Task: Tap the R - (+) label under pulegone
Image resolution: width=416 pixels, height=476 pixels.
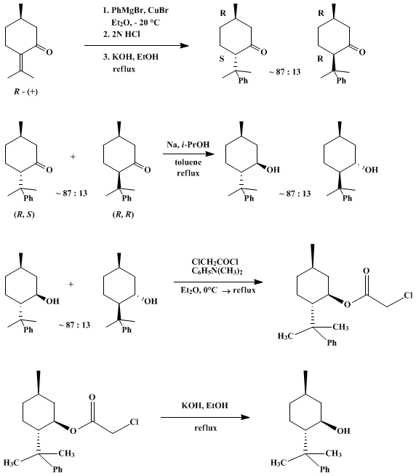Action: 25,92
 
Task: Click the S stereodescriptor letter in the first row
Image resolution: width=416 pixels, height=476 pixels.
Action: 222,59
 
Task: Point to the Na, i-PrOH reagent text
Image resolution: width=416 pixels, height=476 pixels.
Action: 188,144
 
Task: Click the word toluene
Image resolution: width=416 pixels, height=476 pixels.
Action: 188,162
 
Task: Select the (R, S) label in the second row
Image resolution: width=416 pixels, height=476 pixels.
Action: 24,215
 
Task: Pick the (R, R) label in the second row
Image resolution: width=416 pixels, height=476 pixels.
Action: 123,215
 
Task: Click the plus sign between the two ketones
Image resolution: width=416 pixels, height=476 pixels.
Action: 73,157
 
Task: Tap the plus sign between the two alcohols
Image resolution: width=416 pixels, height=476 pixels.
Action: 71,285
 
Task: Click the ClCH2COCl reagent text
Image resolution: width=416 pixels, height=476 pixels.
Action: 215,262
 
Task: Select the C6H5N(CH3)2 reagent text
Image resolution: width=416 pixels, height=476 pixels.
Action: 217,271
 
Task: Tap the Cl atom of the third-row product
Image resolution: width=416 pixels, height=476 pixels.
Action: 408,295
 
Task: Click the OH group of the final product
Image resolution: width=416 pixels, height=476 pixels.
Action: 343,431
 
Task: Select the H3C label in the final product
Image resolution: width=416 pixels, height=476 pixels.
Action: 279,463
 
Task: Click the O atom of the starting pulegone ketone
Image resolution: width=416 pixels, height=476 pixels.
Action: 49,52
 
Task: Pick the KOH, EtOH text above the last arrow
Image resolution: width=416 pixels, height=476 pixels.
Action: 205,405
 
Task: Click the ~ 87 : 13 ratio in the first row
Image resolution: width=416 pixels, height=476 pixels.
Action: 284,72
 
